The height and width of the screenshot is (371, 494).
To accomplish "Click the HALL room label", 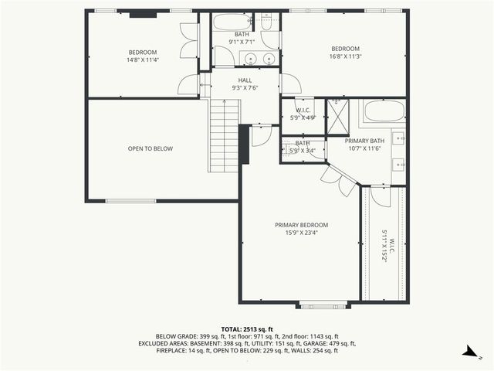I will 245,80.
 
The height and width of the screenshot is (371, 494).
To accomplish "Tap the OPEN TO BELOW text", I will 151,148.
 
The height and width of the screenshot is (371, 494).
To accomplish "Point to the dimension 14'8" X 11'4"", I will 143,60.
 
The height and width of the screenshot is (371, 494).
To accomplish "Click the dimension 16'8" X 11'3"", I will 346,56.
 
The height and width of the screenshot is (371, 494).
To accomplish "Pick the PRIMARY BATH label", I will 363,141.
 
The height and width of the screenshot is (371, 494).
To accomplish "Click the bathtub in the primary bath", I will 384,111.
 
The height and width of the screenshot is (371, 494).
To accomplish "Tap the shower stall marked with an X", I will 337,117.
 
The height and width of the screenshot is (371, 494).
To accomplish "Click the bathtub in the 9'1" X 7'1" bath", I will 232,22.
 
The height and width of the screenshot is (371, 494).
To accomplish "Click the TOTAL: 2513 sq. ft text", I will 246,328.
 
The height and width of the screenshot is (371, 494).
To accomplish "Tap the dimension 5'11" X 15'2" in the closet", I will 384,247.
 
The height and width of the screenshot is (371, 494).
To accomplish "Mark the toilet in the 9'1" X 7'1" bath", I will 266,22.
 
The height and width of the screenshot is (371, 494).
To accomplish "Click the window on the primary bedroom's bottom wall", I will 319,303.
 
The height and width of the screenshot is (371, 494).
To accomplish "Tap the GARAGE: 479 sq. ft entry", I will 332,343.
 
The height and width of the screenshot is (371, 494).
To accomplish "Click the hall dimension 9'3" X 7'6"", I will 245,87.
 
